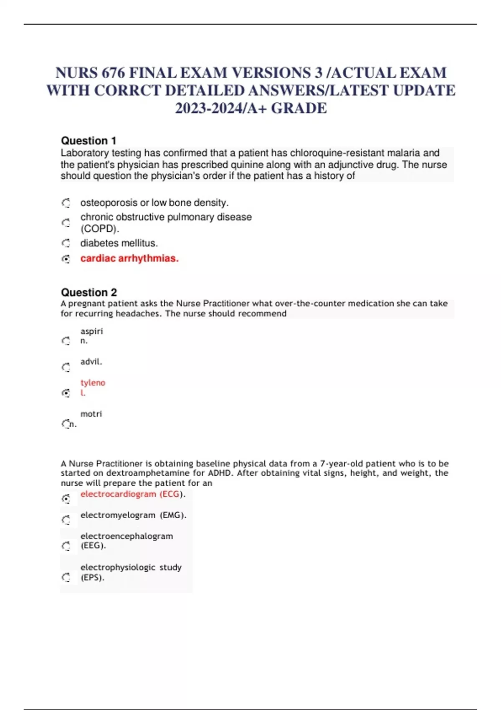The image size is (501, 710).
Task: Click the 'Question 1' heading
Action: [89, 141]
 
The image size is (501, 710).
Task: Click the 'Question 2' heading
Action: [89, 292]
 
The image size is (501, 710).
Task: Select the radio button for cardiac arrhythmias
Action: [66, 259]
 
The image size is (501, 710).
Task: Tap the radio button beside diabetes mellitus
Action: [66, 243]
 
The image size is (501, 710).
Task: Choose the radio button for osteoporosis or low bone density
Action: [66, 203]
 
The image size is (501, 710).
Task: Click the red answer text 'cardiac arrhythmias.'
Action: [129, 259]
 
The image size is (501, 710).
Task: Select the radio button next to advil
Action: [66, 367]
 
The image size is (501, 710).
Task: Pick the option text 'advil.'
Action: [91, 362]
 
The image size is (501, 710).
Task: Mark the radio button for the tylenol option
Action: [66, 393]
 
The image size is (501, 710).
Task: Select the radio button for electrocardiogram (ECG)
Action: [66, 499]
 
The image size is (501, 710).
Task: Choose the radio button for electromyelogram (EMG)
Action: [66, 520]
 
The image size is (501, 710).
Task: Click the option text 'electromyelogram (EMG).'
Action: [133, 515]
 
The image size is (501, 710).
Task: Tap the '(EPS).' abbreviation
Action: [92, 578]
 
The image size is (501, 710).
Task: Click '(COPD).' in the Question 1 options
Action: [100, 229]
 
